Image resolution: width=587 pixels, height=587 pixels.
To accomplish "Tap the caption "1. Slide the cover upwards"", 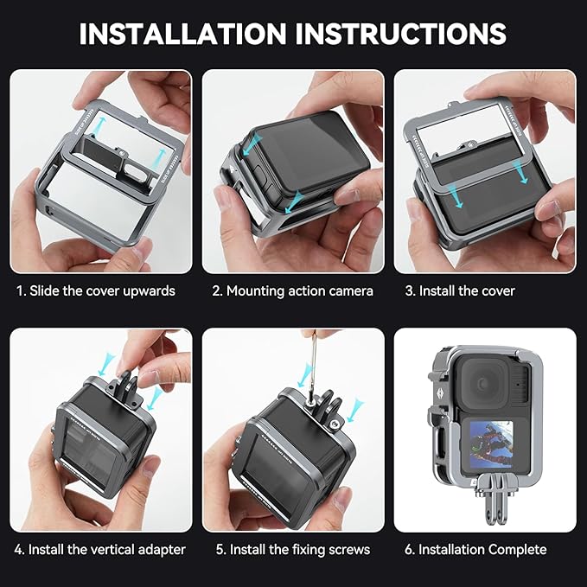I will tap(95, 290).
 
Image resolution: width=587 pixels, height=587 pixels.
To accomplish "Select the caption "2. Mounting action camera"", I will tap(293, 290).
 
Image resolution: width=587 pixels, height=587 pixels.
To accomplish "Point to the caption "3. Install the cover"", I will tap(460, 290).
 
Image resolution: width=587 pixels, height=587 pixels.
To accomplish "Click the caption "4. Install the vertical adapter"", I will tap(101, 549).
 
